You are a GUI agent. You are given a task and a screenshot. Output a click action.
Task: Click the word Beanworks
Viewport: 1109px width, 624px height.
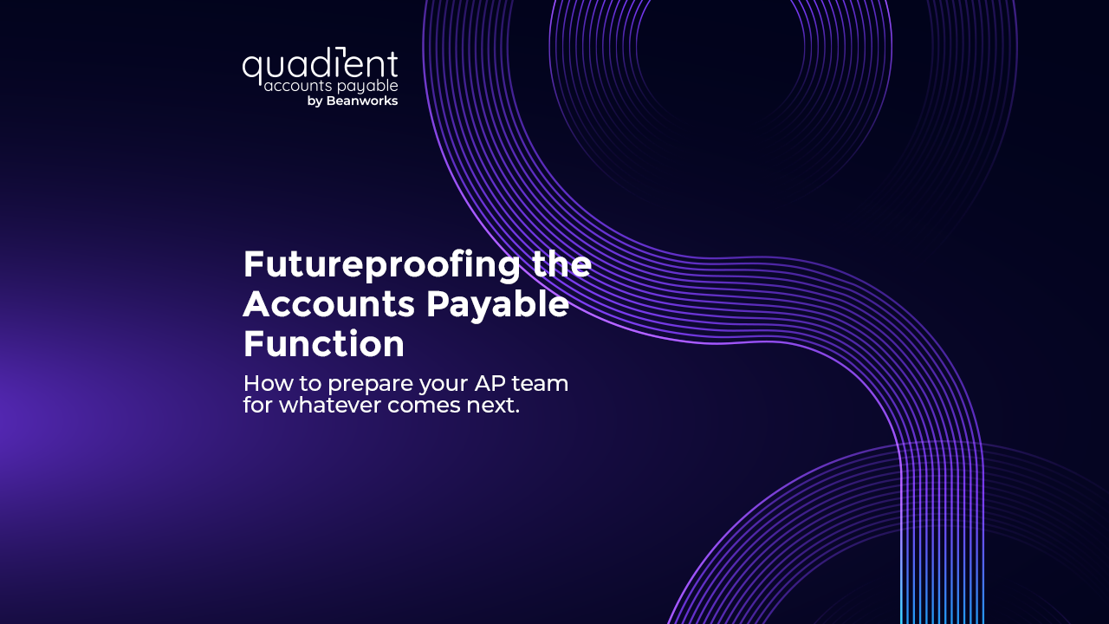coord(362,101)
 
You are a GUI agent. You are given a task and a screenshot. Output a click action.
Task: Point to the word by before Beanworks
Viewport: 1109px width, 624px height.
coord(315,101)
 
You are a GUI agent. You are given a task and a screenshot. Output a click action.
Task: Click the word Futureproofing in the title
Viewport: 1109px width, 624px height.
coord(381,265)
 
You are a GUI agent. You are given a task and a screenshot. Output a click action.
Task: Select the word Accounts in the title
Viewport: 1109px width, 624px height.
coord(328,303)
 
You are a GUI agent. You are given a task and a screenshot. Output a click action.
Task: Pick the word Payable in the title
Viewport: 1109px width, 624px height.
coord(497,304)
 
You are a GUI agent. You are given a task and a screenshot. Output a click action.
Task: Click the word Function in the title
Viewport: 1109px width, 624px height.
coord(324,343)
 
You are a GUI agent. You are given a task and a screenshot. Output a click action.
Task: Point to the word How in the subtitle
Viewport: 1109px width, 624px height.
coord(268,383)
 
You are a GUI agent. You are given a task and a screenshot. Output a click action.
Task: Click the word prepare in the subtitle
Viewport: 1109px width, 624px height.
coord(370,384)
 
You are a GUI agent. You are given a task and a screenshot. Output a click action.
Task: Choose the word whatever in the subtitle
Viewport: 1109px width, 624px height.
coord(330,405)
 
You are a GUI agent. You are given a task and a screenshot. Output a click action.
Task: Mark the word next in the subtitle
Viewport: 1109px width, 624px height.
coord(490,406)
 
